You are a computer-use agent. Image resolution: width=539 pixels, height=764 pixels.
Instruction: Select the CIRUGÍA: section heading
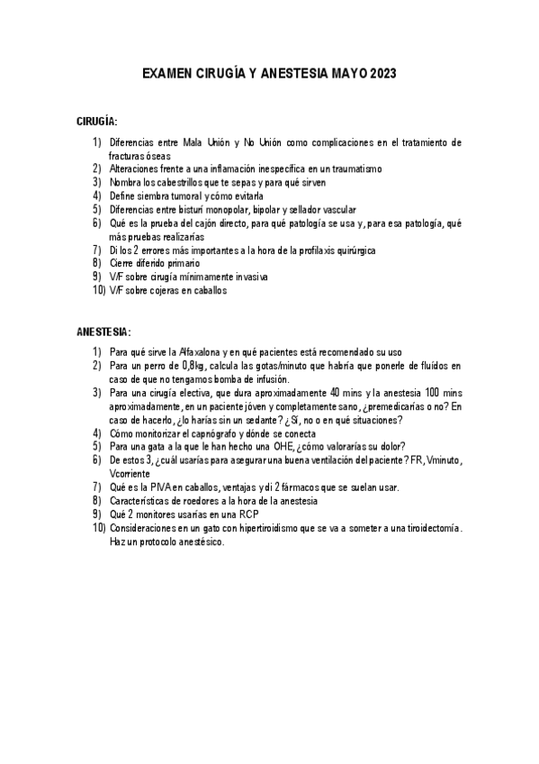[x=97, y=121]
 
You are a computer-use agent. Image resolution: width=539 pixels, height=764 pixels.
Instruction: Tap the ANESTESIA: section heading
[x=103, y=332]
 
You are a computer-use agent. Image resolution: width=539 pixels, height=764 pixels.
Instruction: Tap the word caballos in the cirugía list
[x=209, y=290]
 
